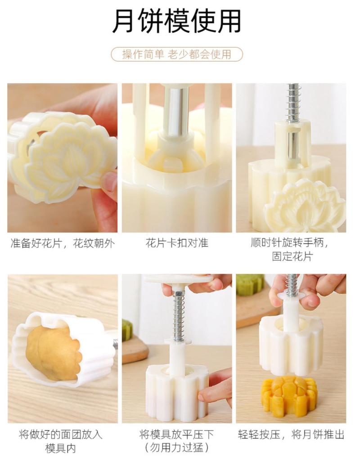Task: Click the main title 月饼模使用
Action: click(x=177, y=21)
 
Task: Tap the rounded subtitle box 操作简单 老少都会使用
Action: click(x=177, y=54)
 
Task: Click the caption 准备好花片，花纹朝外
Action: click(x=62, y=243)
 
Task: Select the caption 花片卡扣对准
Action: click(x=177, y=243)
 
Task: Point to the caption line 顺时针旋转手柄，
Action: click(x=291, y=242)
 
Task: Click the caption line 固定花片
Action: click(x=292, y=256)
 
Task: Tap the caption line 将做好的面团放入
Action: click(x=61, y=434)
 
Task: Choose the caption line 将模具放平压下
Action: click(x=177, y=434)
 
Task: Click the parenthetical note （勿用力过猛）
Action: click(x=177, y=447)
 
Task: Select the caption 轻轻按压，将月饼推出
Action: click(x=291, y=434)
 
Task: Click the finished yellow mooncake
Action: click(x=289, y=395)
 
